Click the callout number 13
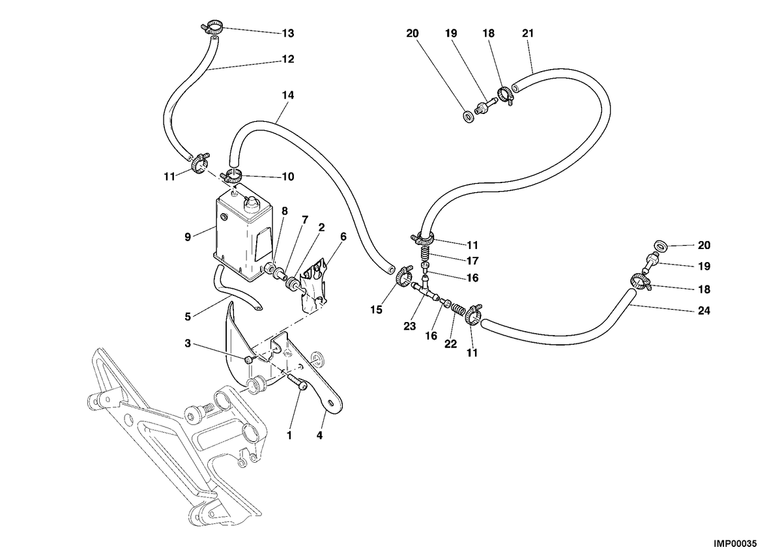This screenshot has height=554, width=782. pyautogui.click(x=288, y=33)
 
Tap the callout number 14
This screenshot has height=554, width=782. pyautogui.click(x=288, y=95)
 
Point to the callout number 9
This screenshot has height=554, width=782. pyautogui.click(x=188, y=237)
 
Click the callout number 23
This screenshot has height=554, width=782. pyautogui.click(x=410, y=327)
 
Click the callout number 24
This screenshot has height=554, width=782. pyautogui.click(x=704, y=311)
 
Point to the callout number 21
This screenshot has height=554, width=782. pyautogui.click(x=528, y=33)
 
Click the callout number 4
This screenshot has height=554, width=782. pyautogui.click(x=319, y=435)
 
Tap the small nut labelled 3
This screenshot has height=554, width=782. pyautogui.click(x=248, y=360)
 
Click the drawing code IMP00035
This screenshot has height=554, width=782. pyautogui.click(x=734, y=544)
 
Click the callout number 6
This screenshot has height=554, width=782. pyautogui.click(x=343, y=237)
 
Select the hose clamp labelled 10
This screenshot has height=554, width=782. pyautogui.click(x=231, y=175)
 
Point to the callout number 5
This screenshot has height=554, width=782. pyautogui.click(x=188, y=317)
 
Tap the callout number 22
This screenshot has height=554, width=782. pyautogui.click(x=451, y=345)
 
